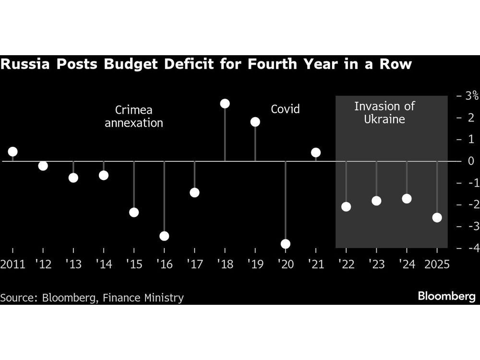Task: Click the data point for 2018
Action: point(225,104)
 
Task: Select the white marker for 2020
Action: point(286,244)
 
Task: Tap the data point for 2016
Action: point(164,236)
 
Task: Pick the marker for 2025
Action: point(437,217)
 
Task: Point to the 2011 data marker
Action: point(12,152)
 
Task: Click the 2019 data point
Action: point(255,122)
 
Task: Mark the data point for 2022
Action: point(346,207)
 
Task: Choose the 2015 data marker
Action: point(134,212)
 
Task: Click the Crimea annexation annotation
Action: point(134,116)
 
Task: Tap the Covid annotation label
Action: point(285,109)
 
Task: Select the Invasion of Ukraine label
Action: point(384,113)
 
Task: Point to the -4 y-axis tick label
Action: point(468,248)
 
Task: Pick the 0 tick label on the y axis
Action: point(471,161)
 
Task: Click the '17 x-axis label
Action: point(194,264)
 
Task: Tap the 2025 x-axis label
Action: point(436,264)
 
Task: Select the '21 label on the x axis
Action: point(315,264)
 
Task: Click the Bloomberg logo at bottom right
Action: point(446,296)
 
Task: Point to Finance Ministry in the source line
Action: point(144,298)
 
